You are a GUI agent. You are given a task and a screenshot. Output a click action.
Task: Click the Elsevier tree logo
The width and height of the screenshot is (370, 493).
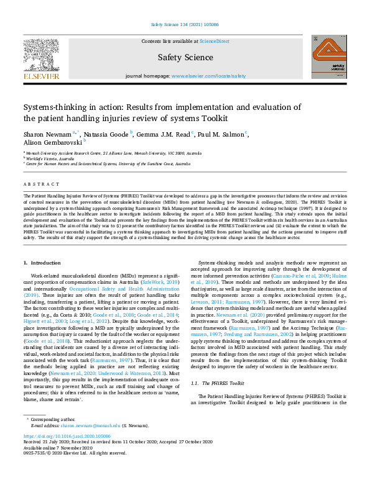(x=41, y=54)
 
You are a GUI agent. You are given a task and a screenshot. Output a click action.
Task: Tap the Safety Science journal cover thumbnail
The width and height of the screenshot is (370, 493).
(x=328, y=57)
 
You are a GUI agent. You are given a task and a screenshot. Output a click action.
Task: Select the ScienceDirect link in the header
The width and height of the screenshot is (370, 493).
(x=214, y=40)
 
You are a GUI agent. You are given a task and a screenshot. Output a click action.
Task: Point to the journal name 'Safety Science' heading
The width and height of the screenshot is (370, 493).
(x=185, y=57)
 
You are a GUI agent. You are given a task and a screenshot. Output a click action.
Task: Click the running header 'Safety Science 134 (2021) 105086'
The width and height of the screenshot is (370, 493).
(x=185, y=25)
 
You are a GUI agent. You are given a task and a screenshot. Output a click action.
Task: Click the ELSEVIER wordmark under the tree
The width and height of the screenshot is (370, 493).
(x=41, y=76)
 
